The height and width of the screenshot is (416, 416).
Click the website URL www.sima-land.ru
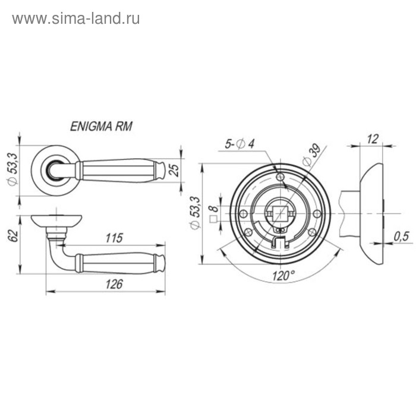pyautogui.click(x=76, y=19)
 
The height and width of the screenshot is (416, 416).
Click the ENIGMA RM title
pyautogui.click(x=101, y=126)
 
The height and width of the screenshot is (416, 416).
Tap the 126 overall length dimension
pyautogui.click(x=114, y=284)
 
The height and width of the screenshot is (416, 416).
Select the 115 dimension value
pyautogui.click(x=114, y=238)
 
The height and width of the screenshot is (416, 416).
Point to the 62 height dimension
pyautogui.click(x=13, y=236)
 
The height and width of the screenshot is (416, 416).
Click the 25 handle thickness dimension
pyautogui.click(x=174, y=170)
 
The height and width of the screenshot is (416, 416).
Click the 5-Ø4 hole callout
pyautogui.click(x=239, y=144)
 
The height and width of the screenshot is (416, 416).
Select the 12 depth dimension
pyautogui.click(x=373, y=139)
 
